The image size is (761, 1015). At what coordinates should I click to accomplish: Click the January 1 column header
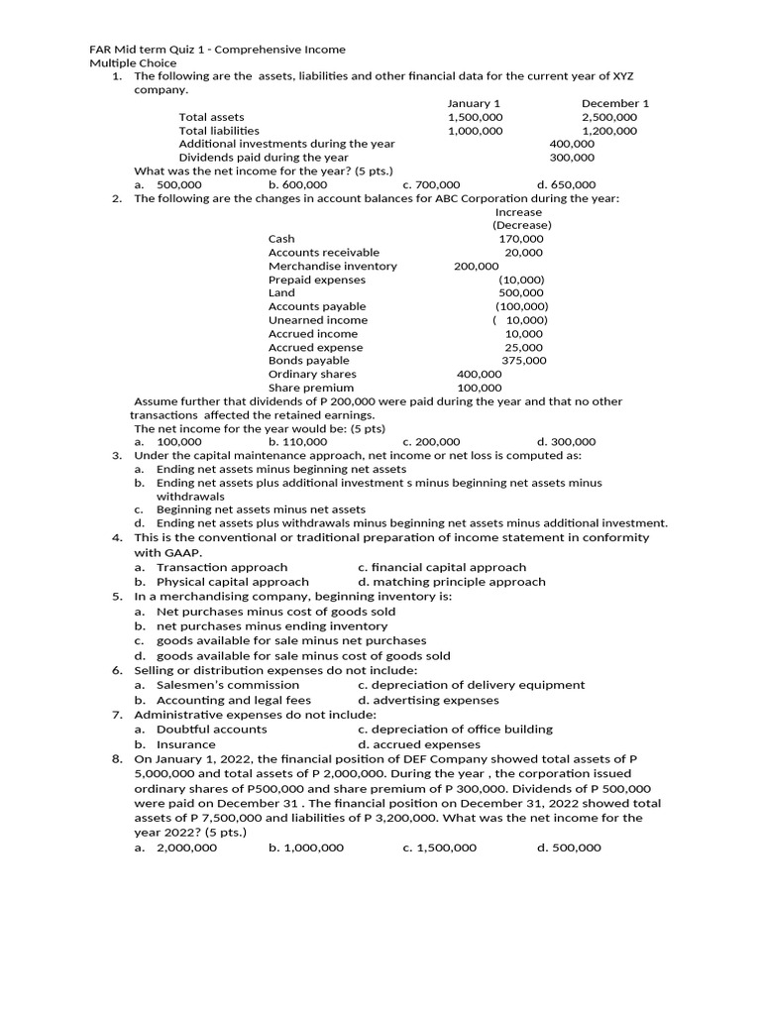(x=474, y=103)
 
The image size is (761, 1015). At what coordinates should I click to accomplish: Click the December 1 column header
(x=615, y=103)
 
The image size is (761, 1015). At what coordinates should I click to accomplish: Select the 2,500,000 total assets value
(x=609, y=117)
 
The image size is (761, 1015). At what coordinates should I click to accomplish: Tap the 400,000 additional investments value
(x=572, y=144)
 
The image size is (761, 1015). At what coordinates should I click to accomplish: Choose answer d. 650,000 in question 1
(x=566, y=184)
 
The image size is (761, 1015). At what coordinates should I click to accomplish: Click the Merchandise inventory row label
(x=332, y=266)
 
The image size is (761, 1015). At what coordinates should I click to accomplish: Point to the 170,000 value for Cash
(x=521, y=239)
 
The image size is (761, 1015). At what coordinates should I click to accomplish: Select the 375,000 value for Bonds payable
(x=524, y=361)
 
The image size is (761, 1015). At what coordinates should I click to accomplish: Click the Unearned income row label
(x=317, y=320)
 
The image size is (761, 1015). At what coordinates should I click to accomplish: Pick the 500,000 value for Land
(x=521, y=293)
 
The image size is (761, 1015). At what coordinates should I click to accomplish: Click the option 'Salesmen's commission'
(x=228, y=685)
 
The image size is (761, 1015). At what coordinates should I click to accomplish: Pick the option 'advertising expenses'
(x=428, y=700)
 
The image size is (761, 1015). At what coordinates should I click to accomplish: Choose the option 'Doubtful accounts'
(x=211, y=730)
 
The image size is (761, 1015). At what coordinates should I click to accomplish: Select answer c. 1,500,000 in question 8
(x=439, y=848)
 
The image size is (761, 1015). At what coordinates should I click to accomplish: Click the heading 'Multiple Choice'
(x=128, y=63)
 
